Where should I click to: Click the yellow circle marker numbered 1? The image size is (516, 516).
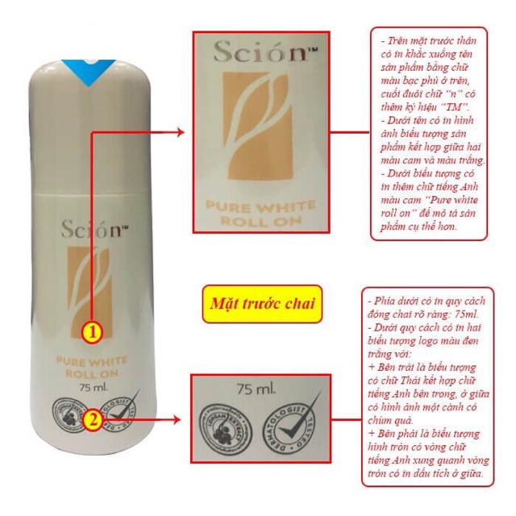pos(94,331)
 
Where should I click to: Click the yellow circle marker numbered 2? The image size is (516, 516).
pos(94,419)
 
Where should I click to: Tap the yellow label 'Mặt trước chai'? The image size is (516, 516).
pos(262,305)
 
